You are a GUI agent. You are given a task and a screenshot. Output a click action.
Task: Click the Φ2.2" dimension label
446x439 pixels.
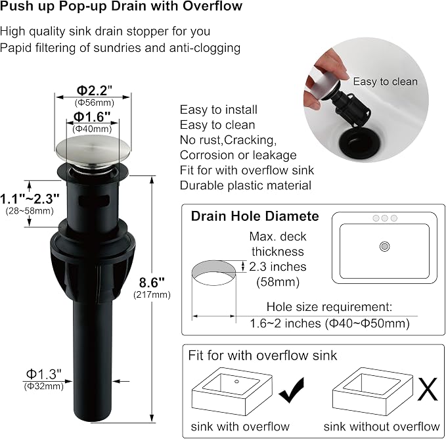point(95,91)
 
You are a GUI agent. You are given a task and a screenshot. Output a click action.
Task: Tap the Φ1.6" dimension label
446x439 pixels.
point(92,116)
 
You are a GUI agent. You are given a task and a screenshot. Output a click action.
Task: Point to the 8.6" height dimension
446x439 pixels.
point(152,283)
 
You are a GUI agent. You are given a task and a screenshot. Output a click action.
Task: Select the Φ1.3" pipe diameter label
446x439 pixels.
point(43,374)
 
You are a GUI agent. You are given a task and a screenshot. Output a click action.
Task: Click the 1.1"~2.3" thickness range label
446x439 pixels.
point(30,199)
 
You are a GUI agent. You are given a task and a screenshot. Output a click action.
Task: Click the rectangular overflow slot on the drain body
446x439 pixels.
point(94,200)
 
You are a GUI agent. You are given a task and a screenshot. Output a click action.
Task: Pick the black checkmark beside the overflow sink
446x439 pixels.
point(292,390)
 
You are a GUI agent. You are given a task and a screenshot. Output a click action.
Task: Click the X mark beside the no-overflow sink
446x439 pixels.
point(428,389)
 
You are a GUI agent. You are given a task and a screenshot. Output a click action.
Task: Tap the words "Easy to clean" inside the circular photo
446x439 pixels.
point(386,81)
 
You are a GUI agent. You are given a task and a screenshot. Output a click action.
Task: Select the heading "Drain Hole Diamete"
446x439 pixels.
point(255,216)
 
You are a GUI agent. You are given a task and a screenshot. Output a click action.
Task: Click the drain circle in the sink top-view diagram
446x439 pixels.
point(384,246)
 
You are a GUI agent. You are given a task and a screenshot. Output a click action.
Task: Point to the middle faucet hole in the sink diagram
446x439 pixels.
point(384,218)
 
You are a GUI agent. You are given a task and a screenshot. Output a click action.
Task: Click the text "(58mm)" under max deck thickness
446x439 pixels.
point(278,282)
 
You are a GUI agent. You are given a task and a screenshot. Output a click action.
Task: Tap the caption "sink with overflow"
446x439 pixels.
point(240,427)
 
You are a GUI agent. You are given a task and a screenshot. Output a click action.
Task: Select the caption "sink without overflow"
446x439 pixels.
point(382,427)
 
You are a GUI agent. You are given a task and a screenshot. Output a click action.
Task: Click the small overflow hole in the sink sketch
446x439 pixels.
point(236,381)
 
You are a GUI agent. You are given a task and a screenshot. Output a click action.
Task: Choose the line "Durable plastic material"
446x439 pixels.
point(246,185)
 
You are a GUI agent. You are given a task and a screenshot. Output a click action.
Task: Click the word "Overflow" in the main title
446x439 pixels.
point(212,7)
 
